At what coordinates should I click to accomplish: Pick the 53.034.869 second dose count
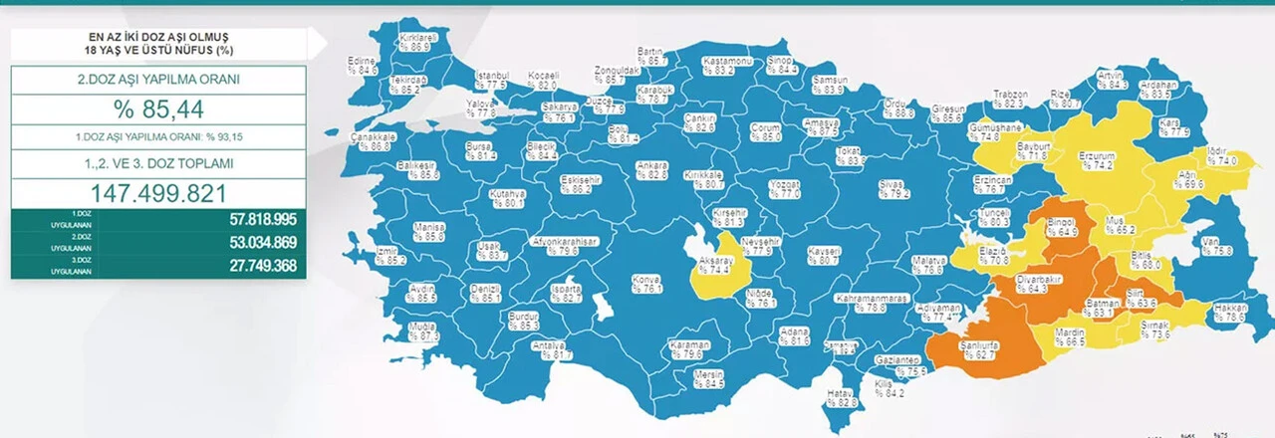[249, 244]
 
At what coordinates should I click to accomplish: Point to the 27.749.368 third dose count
[249, 266]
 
